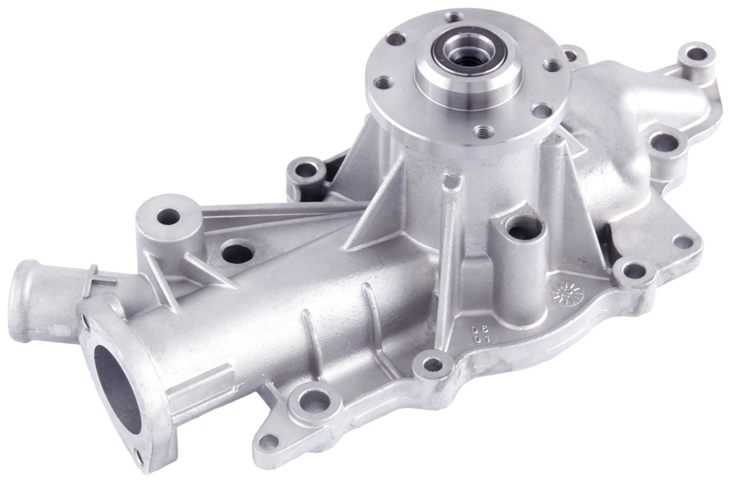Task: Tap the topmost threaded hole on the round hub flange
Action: click(x=455, y=17)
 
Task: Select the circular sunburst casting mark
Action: click(x=567, y=293)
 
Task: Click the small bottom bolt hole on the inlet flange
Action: click(x=140, y=456)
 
